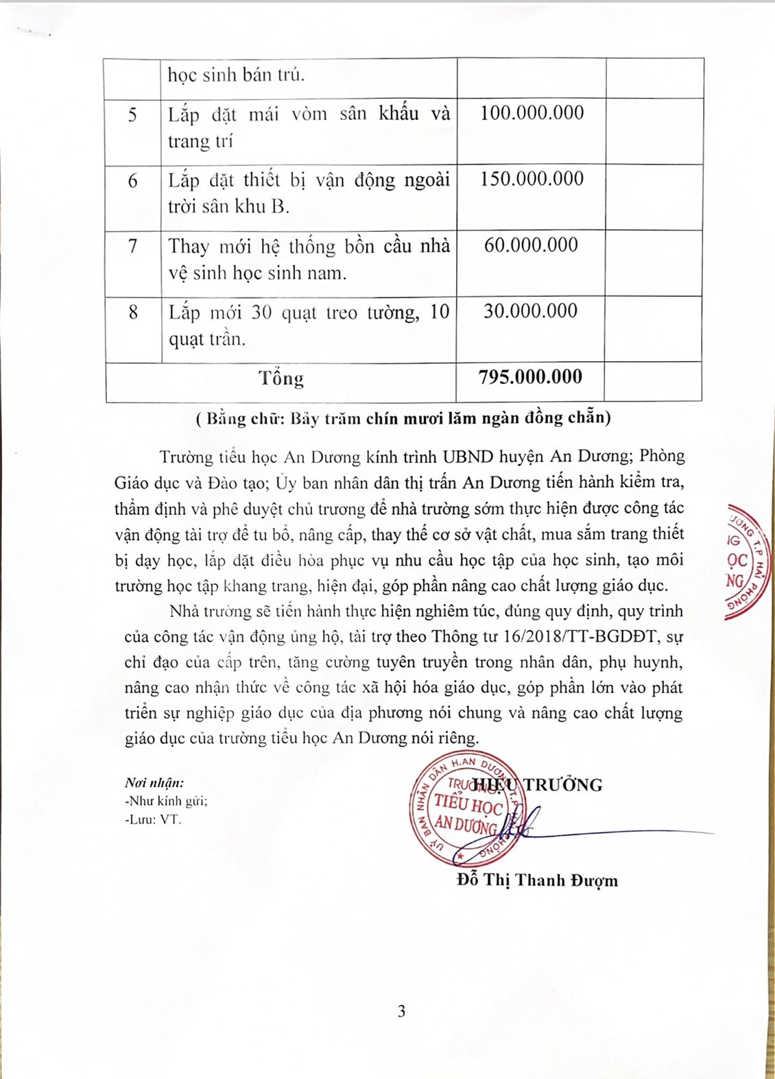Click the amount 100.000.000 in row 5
click(x=532, y=113)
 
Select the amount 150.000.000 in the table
click(x=532, y=179)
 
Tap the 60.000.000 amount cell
click(x=531, y=245)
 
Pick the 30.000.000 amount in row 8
click(x=530, y=311)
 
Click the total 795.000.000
click(x=530, y=377)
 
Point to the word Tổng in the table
click(x=281, y=378)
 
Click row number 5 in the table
click(x=133, y=114)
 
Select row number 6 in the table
click(x=133, y=181)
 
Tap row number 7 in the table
click(x=133, y=246)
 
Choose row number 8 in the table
click(x=133, y=313)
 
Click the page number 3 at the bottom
click(x=401, y=1011)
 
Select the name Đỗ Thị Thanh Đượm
click(x=537, y=880)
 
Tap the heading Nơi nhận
click(x=154, y=783)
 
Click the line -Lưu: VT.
click(x=153, y=819)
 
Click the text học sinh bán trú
click(x=236, y=75)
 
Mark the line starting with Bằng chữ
click(x=403, y=418)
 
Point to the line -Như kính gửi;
click(x=166, y=801)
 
